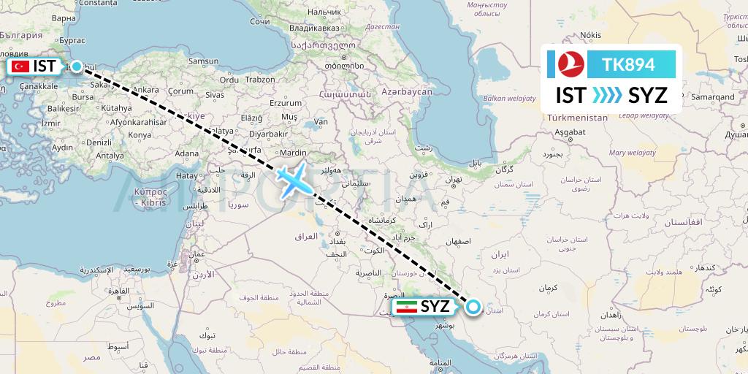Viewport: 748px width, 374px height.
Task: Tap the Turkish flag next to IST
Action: (20, 66)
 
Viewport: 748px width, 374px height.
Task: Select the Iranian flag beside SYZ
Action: (407, 307)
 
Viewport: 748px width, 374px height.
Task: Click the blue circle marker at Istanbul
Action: (77, 66)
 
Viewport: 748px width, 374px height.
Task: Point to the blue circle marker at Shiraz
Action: (473, 308)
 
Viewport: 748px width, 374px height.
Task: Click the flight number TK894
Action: (627, 65)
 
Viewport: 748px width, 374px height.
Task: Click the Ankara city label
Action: (145, 91)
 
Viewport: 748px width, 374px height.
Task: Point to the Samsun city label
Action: (204, 62)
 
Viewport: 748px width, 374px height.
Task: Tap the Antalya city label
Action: (110, 156)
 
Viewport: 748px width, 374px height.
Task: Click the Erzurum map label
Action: (285, 103)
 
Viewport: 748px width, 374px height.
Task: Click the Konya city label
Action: (140, 135)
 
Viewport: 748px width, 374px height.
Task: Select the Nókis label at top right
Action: (589, 34)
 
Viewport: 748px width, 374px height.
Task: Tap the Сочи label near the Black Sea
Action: (260, 22)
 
